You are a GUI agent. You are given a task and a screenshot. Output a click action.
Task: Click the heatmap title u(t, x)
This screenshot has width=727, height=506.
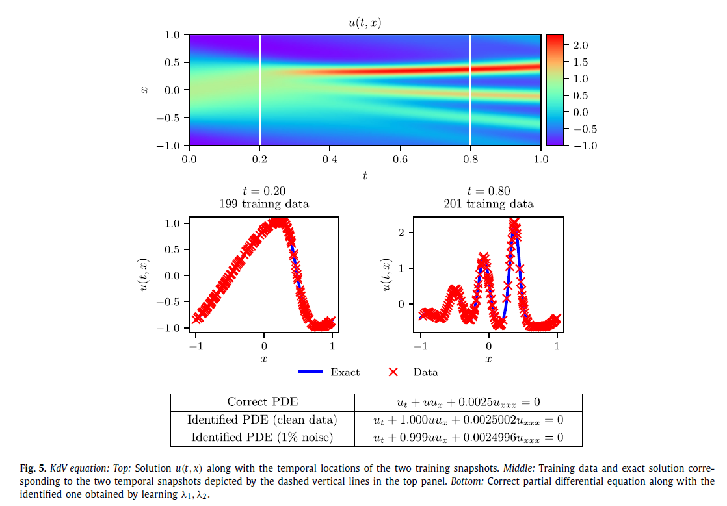[365, 23]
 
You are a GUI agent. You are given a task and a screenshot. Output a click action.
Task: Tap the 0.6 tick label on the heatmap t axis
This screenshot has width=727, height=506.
[400, 158]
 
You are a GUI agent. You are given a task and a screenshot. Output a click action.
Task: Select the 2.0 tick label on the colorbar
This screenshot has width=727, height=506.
[581, 45]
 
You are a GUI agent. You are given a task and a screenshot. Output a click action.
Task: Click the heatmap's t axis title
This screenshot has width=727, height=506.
[365, 175]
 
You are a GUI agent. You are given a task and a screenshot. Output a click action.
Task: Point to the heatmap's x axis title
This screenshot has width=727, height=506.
[145, 90]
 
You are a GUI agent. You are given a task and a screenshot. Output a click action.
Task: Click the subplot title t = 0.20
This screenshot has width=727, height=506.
[263, 191]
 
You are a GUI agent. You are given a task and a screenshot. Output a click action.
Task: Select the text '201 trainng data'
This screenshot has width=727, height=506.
[488, 204]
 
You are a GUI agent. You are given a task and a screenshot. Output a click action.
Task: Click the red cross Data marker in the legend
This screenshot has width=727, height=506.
[393, 372]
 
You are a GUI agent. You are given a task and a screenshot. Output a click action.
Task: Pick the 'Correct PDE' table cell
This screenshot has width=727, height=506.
[263, 402]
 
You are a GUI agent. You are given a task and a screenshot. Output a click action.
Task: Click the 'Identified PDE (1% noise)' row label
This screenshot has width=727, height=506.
[263, 437]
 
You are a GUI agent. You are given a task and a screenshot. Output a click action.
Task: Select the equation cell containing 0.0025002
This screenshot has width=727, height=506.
[468, 420]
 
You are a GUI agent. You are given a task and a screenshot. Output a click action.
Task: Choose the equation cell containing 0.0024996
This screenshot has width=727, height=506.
[468, 437]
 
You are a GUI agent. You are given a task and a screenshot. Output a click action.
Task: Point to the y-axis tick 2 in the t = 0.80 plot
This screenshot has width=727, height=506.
[402, 233]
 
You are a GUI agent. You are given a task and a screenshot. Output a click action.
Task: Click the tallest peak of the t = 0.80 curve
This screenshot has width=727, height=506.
[513, 224]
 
